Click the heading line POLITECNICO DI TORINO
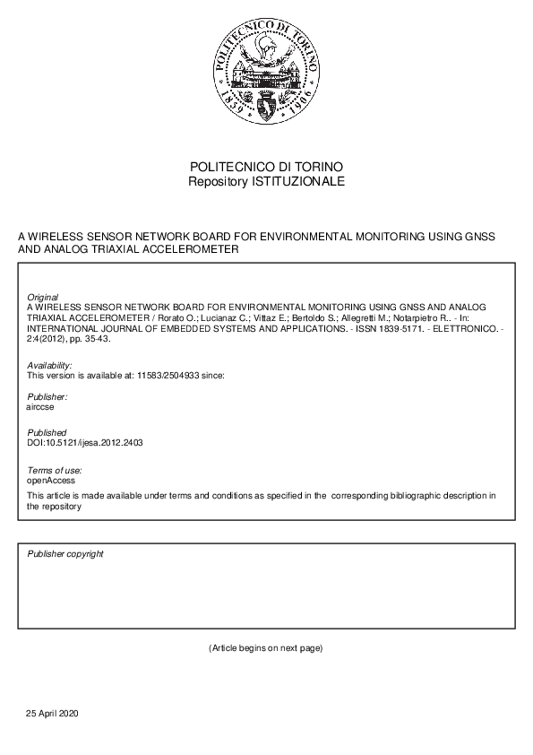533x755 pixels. pyautogui.click(x=266, y=168)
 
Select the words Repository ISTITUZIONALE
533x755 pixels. pyautogui.click(x=266, y=181)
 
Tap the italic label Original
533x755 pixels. pyautogui.click(x=43, y=296)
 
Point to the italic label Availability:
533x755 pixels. pyautogui.click(x=50, y=366)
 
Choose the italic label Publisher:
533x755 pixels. pyautogui.click(x=47, y=396)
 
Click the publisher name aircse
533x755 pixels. pyautogui.click(x=41, y=405)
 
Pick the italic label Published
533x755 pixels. pyautogui.click(x=47, y=432)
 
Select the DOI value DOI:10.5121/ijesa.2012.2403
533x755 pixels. pyautogui.click(x=86, y=442)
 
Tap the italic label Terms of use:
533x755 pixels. pyautogui.click(x=55, y=470)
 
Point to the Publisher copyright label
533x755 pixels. pyautogui.click(x=65, y=553)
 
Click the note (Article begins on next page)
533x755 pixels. pyautogui.click(x=265, y=647)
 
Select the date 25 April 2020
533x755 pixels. pyautogui.click(x=53, y=713)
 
